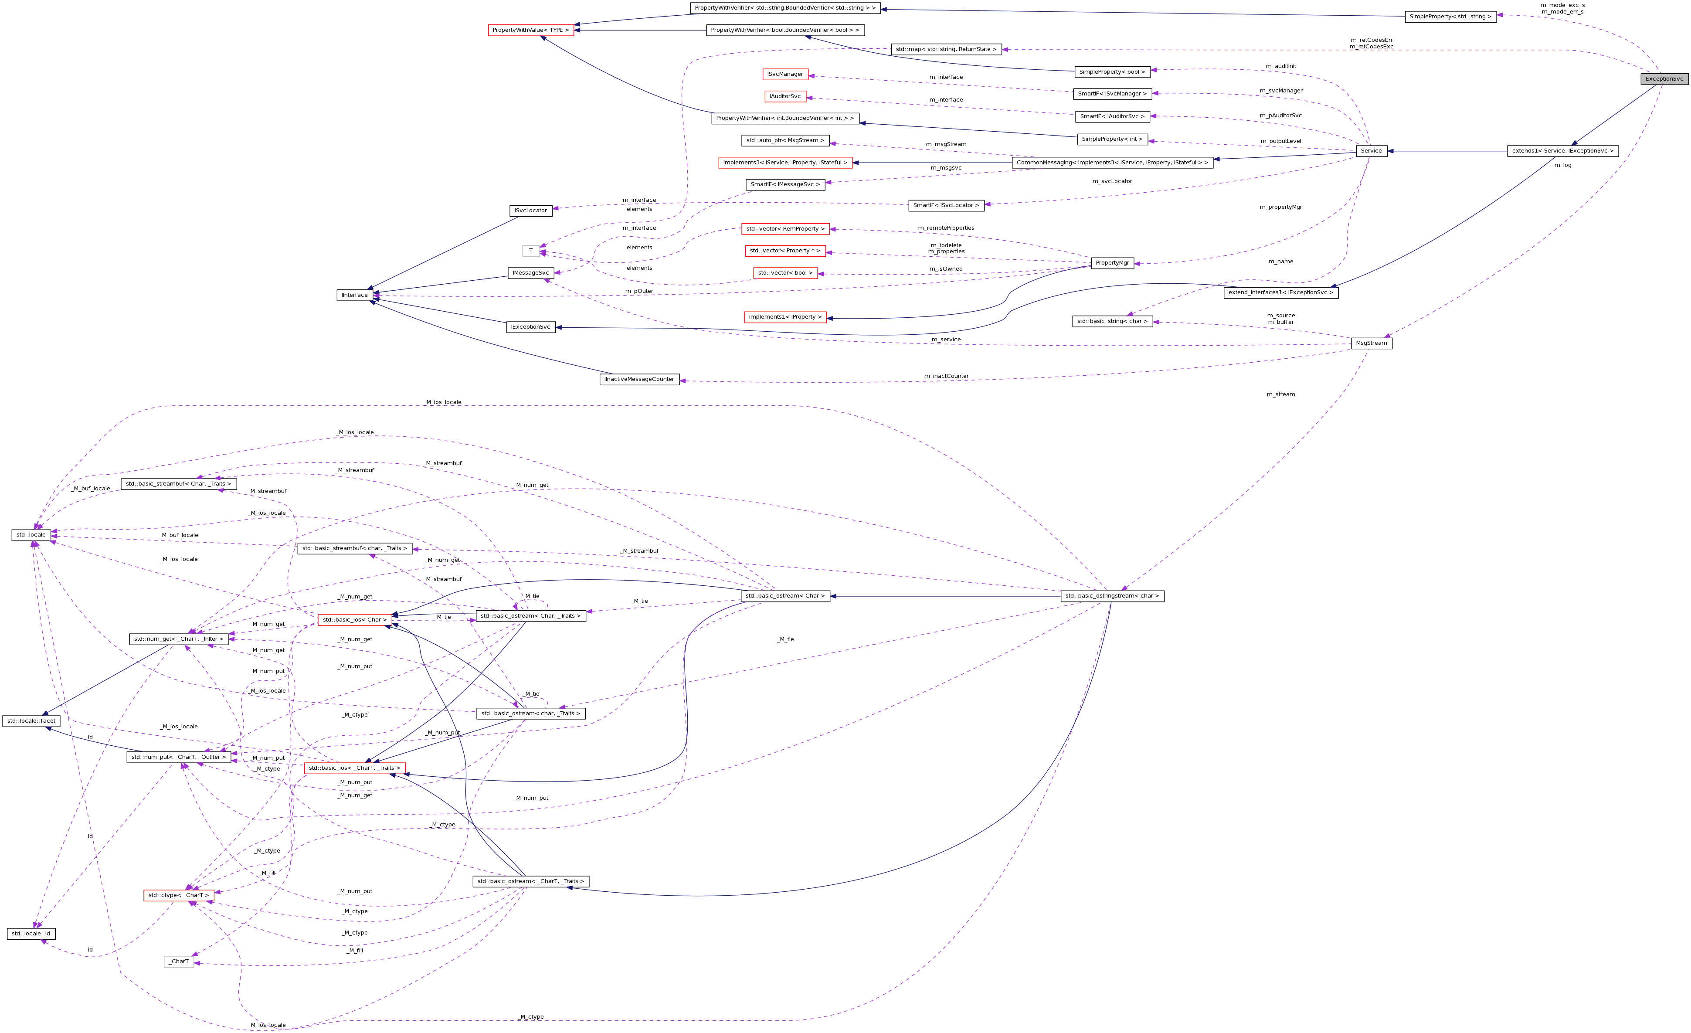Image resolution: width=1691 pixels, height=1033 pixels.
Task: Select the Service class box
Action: [x=1371, y=151]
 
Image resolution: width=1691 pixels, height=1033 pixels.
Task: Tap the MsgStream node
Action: [x=1371, y=343]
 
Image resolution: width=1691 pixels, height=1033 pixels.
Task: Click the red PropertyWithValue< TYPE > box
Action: [x=530, y=30]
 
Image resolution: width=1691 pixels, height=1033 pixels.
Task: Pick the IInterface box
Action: [x=354, y=295]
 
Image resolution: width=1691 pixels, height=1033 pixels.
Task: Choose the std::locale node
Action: [x=31, y=535]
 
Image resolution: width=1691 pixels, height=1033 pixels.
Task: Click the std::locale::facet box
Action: [x=31, y=720]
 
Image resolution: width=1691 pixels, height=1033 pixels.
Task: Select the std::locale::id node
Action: [x=31, y=934]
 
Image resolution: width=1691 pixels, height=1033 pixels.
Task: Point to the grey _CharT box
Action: [x=179, y=962]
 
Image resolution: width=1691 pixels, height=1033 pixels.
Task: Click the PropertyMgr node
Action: [x=1112, y=263]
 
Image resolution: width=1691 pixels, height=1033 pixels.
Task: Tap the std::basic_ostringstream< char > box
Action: [x=1112, y=596]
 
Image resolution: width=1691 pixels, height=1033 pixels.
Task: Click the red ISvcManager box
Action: [x=784, y=74]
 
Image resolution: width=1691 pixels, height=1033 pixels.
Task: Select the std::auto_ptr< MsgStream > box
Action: [x=785, y=141]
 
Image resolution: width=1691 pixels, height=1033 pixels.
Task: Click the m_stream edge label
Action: [x=1280, y=394]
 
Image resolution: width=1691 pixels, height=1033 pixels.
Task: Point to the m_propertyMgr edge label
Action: [x=1280, y=207]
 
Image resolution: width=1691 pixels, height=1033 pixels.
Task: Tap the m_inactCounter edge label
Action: [x=946, y=376]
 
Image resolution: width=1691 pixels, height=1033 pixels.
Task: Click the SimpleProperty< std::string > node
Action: [x=1450, y=17]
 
